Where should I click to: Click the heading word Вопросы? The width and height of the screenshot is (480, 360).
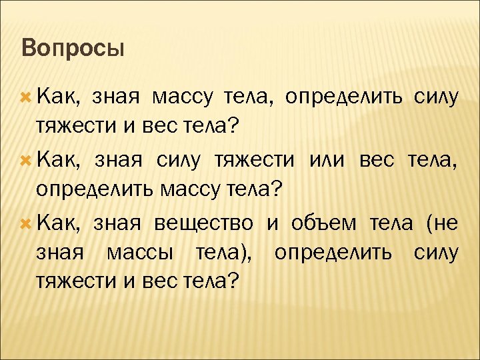click(x=73, y=48)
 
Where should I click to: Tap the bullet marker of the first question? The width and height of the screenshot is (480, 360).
click(x=27, y=98)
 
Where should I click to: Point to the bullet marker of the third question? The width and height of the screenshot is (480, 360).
click(x=27, y=223)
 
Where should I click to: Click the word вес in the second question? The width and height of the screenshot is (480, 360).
click(x=380, y=161)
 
